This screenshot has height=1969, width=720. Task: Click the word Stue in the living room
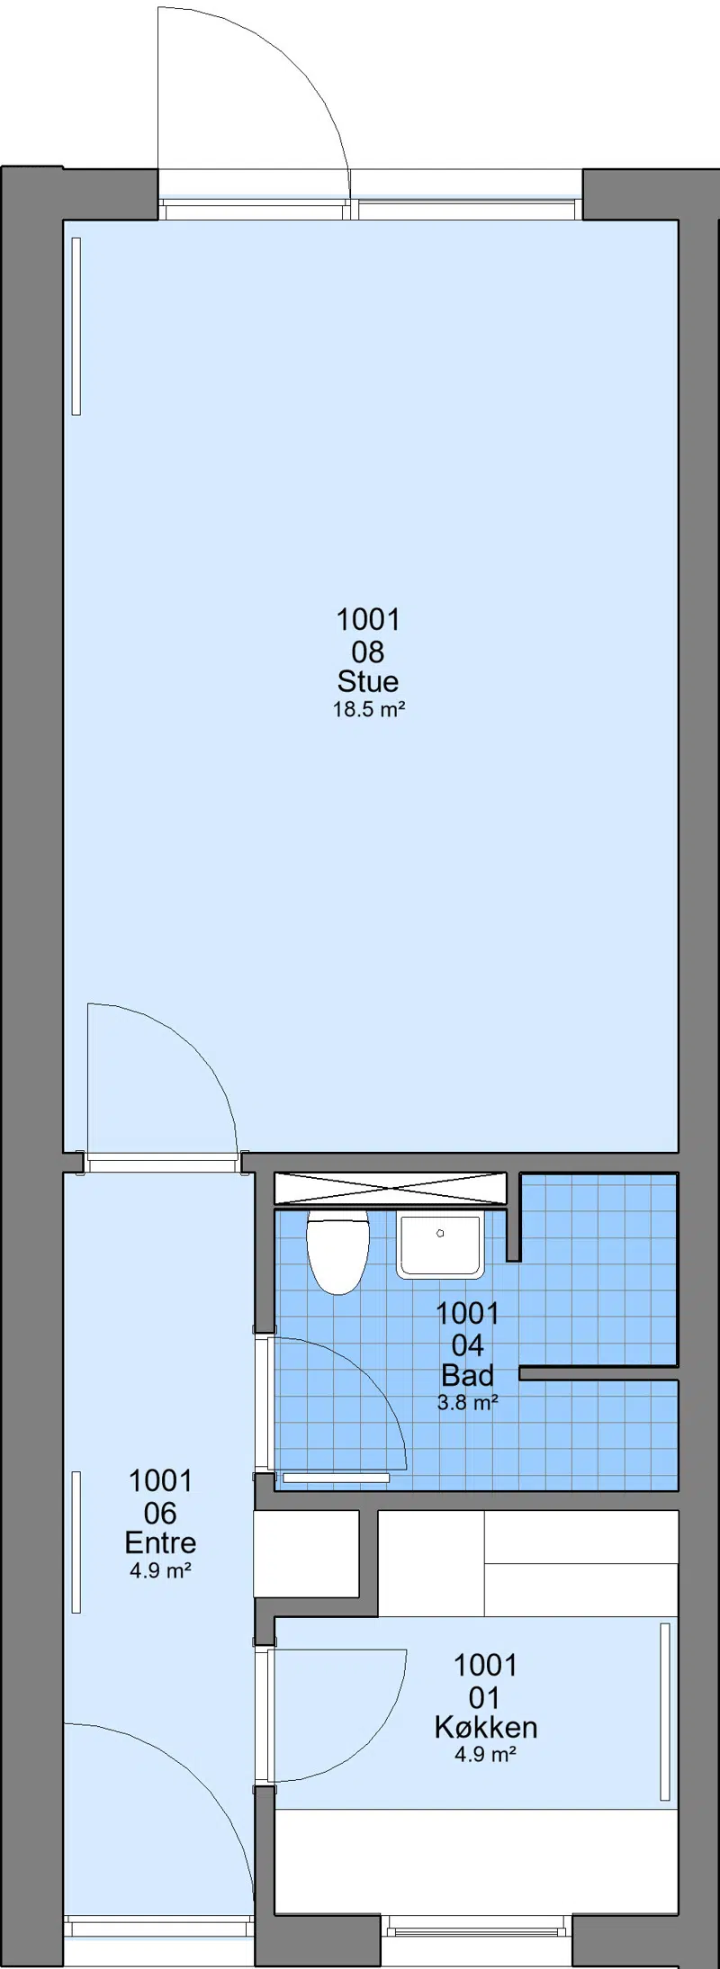click(x=368, y=680)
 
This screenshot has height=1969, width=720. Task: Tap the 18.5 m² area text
click(x=369, y=709)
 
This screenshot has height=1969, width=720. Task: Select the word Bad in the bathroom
click(x=468, y=1375)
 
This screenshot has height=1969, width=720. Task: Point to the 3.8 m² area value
click(x=468, y=1402)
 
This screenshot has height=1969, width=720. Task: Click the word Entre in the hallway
click(x=160, y=1542)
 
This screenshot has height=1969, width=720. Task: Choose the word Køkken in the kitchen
click(x=485, y=1727)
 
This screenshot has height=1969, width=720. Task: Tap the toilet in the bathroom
click(x=337, y=1251)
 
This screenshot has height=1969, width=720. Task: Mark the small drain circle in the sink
click(x=440, y=1233)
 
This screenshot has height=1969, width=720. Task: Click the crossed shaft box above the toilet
click(x=391, y=1188)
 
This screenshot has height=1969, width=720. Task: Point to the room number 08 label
click(x=368, y=651)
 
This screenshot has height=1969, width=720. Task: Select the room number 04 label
click(x=468, y=1344)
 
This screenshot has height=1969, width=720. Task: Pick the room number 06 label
click(x=160, y=1513)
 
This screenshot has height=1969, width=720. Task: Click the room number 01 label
click(x=484, y=1697)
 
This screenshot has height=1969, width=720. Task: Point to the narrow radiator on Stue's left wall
click(x=76, y=326)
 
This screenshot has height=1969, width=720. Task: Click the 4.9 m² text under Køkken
click(x=485, y=1754)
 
